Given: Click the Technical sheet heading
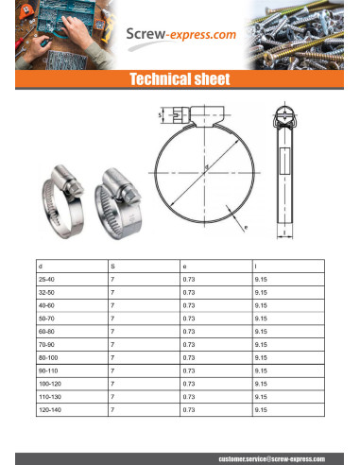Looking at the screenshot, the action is [180, 80].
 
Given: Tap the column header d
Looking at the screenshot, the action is [39, 267].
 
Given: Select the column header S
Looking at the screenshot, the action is [112, 267].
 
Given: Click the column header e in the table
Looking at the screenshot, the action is [184, 267].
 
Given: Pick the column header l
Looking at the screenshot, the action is [256, 267].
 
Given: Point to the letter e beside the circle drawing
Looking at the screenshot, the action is [245, 228].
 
